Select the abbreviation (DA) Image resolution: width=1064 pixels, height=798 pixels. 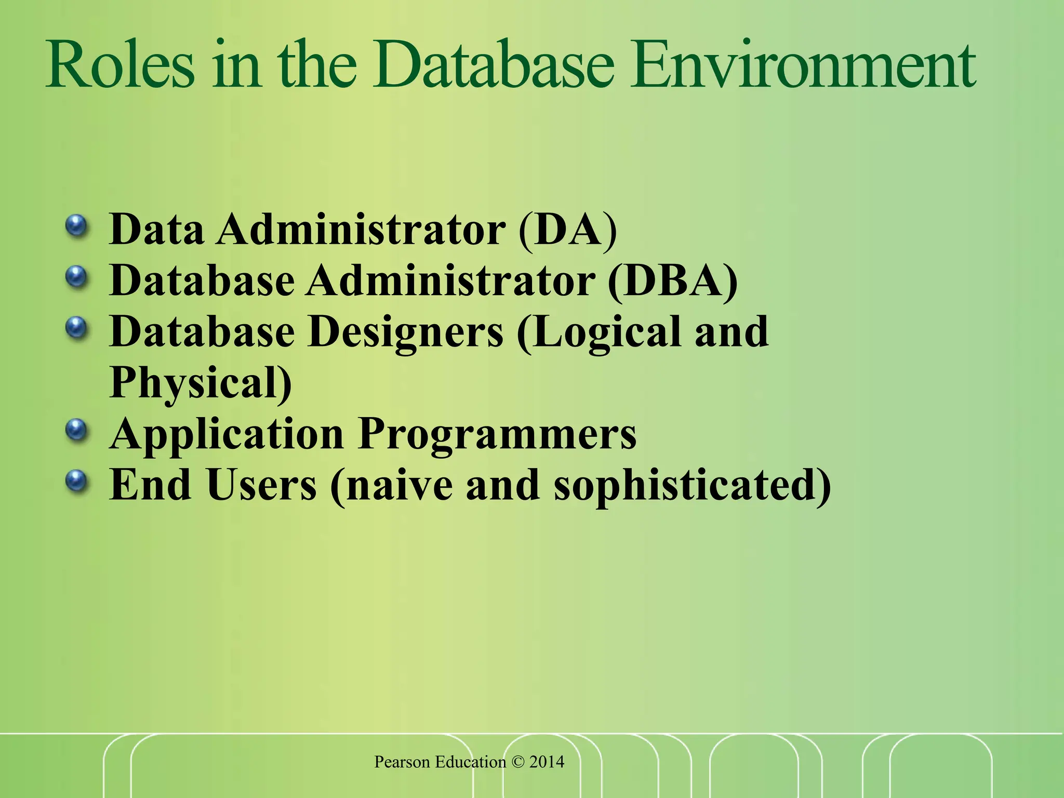568,229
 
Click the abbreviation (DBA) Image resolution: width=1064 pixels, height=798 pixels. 672,281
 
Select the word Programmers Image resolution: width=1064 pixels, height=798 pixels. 497,434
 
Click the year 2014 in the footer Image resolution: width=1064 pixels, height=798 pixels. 547,762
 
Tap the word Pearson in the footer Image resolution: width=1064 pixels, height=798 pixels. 402,762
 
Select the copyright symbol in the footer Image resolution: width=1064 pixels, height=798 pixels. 517,762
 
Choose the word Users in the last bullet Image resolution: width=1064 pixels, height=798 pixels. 261,484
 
